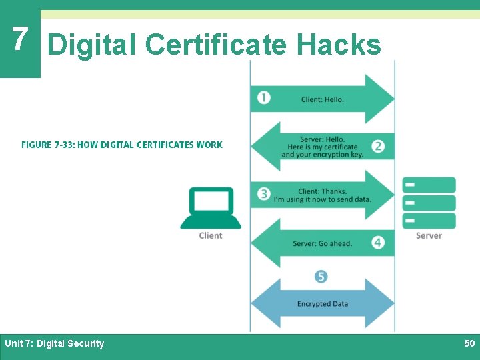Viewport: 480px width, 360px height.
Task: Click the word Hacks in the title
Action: pyautogui.click(x=339, y=45)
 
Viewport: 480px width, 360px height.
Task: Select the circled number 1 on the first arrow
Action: pyautogui.click(x=265, y=98)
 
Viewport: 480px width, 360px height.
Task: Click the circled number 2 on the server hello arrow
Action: pyautogui.click(x=378, y=146)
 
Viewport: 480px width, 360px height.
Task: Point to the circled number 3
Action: pyautogui.click(x=265, y=194)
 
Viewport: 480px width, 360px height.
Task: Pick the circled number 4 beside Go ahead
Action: pyautogui.click(x=378, y=243)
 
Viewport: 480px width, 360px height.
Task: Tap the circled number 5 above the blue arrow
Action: pyautogui.click(x=321, y=276)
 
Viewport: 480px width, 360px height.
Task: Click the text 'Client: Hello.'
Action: pyautogui.click(x=323, y=99)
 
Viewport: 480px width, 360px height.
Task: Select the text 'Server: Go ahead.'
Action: pyautogui.click(x=323, y=243)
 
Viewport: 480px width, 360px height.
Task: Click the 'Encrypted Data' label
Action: pyautogui.click(x=323, y=304)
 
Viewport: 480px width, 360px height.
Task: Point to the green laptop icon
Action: pyautogui.click(x=211, y=208)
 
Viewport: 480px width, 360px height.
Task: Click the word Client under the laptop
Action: pyautogui.click(x=211, y=235)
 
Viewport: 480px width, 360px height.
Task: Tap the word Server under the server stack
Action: pyautogui.click(x=429, y=235)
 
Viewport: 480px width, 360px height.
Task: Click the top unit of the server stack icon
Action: pyautogui.click(x=429, y=185)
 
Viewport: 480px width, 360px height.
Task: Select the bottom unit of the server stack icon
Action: pyautogui.click(x=429, y=221)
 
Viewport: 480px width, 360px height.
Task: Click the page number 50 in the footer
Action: pyautogui.click(x=469, y=343)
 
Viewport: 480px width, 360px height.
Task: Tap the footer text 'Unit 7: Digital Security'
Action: pyautogui.click(x=55, y=343)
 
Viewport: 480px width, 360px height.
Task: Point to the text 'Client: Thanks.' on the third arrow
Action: pyautogui.click(x=323, y=191)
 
